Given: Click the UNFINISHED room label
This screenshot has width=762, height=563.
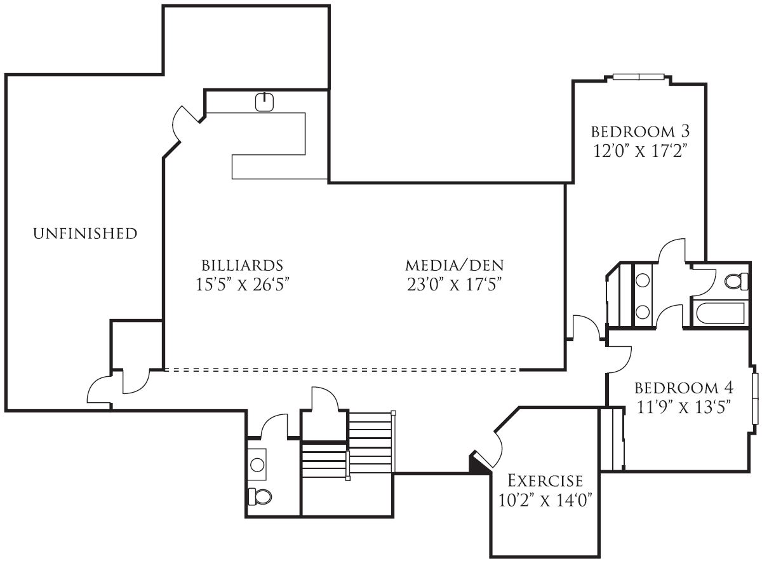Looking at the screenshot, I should (x=84, y=234).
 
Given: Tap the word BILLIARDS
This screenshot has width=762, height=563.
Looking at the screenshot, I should (x=242, y=265).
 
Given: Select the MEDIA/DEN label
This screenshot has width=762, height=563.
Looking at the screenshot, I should (x=455, y=265).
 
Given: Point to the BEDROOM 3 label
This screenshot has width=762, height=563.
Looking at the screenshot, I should (x=639, y=132).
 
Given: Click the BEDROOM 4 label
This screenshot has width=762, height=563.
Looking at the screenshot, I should (x=684, y=388).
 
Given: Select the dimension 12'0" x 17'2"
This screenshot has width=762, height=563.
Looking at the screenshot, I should (x=639, y=152).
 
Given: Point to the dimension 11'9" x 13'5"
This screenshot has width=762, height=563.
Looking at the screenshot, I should (x=684, y=407).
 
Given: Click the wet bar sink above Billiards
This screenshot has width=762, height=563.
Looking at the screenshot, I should (x=264, y=102).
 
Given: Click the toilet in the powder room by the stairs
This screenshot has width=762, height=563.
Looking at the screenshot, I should (x=258, y=495).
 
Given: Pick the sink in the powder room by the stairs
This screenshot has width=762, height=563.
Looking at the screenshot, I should (x=257, y=464).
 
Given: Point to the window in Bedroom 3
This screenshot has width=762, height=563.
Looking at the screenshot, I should (x=639, y=78).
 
